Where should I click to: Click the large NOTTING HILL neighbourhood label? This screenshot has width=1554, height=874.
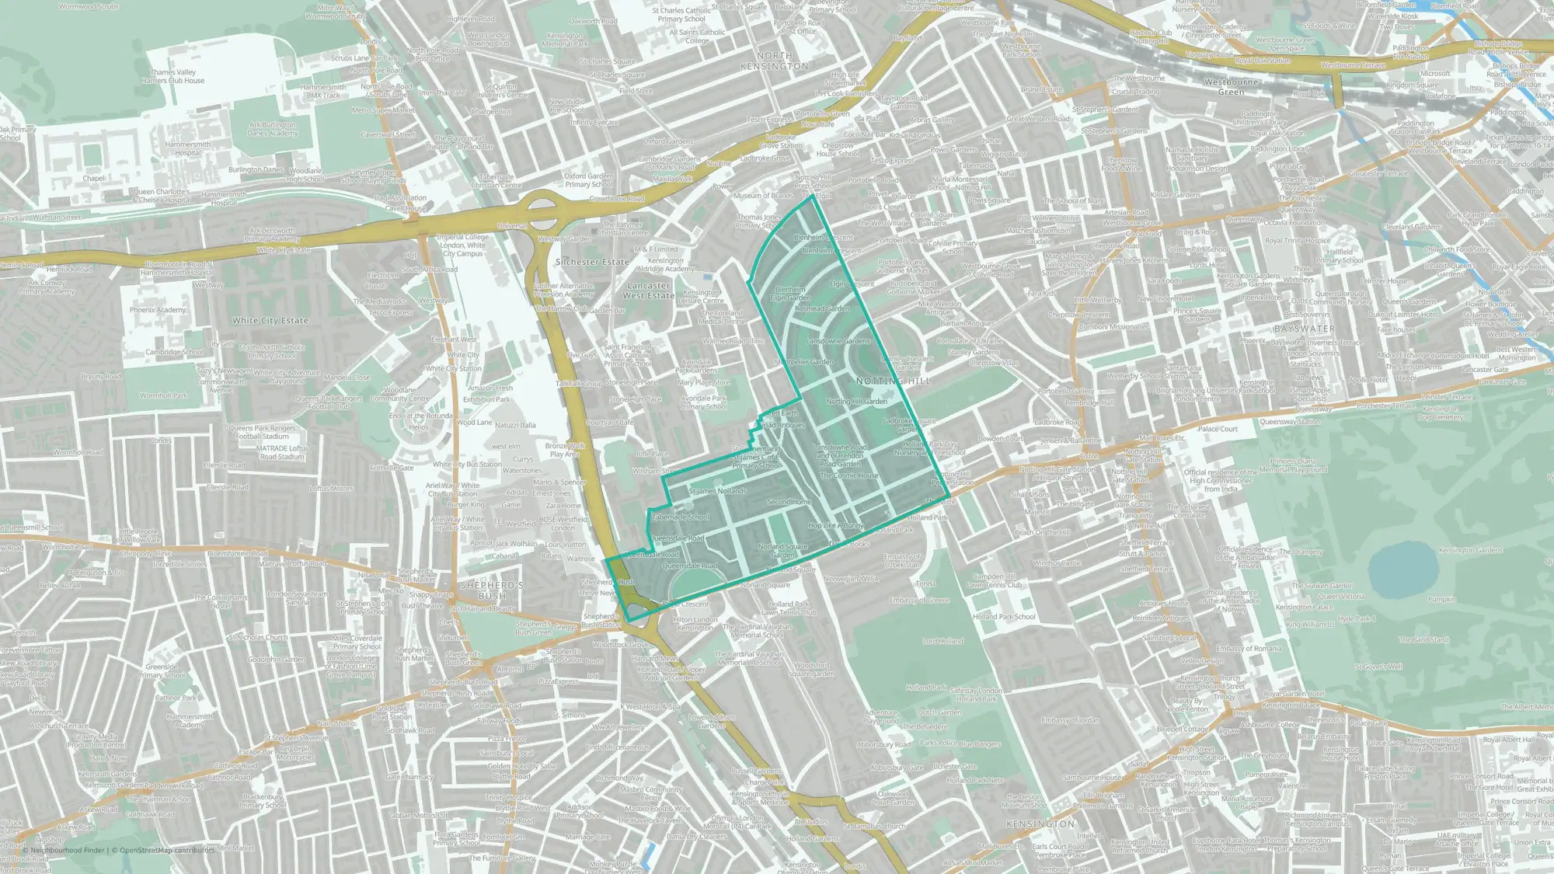(893, 381)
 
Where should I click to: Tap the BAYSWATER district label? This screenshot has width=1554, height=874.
(1305, 329)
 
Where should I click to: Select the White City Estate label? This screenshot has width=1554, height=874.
(270, 320)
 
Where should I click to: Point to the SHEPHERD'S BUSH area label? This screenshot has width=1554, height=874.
(492, 590)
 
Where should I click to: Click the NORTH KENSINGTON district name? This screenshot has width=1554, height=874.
(775, 61)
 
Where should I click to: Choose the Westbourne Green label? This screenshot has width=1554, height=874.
(1231, 87)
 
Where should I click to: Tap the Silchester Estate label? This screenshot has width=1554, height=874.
(592, 262)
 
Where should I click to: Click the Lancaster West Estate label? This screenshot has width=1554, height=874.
(649, 291)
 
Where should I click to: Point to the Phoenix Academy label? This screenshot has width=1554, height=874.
(158, 310)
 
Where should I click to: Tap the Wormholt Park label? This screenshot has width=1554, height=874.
(163, 395)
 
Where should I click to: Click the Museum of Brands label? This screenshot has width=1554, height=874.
(763, 196)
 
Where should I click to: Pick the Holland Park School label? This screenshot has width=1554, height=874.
(1004, 617)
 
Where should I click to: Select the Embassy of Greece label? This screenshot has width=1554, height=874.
(919, 600)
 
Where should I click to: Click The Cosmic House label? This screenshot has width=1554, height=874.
(848, 475)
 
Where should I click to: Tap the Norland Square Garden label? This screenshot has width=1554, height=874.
(783, 551)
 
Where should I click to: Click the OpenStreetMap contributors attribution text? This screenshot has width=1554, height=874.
(166, 850)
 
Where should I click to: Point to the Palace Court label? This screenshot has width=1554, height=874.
(1218, 429)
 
